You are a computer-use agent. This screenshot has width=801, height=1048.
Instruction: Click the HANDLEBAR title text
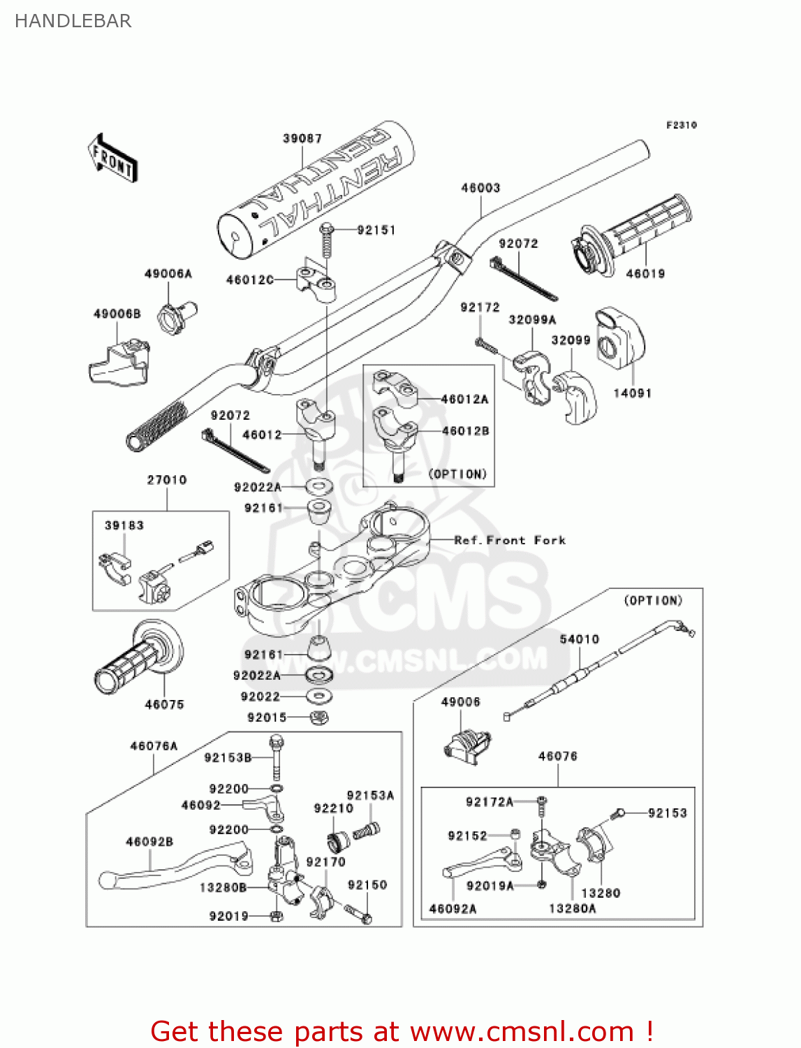tap(73, 21)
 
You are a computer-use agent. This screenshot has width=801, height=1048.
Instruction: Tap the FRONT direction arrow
tap(112, 158)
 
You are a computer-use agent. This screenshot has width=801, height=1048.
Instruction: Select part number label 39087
tap(302, 138)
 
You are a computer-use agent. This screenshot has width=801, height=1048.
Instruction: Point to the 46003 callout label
tap(480, 187)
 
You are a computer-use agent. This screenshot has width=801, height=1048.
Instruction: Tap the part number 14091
tap(632, 393)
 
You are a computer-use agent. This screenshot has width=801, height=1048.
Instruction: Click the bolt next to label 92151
tap(326, 241)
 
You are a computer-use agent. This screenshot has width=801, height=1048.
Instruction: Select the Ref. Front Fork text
tap(510, 540)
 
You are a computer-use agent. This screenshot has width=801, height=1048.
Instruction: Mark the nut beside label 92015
tap(318, 718)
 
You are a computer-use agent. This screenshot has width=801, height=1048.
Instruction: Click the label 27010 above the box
tap(167, 480)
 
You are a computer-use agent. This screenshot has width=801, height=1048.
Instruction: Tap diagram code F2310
tap(681, 125)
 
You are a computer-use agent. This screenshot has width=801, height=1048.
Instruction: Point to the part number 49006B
tap(117, 314)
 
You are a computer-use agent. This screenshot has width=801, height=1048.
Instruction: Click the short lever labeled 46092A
tap(482, 863)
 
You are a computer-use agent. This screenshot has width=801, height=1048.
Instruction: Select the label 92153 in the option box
tap(667, 813)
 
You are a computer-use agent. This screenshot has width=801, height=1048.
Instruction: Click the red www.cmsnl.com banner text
tap(402, 1031)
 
